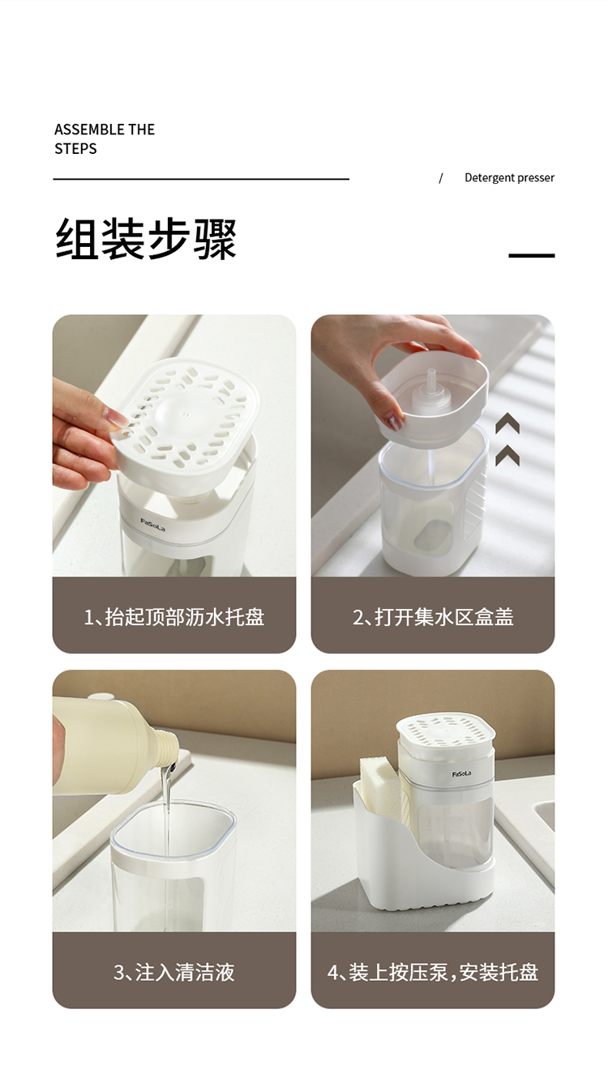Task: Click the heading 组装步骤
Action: point(146,239)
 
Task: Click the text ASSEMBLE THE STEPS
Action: point(105,138)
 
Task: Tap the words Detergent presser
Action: point(509,178)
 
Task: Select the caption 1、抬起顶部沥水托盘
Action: point(174,616)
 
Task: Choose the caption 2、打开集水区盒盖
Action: point(433,616)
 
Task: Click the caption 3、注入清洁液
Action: point(174,973)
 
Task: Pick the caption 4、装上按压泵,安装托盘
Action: point(433,973)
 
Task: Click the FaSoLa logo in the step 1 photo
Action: point(152,525)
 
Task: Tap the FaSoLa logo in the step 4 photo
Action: point(461,774)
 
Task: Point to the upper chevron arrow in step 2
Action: point(507,423)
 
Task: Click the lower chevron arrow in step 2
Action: point(507,456)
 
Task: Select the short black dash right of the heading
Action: point(532,255)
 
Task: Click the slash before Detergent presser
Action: point(440,178)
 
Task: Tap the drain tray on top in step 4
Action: point(445,731)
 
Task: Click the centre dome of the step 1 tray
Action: point(179,409)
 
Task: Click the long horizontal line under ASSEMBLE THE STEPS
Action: point(201,179)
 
